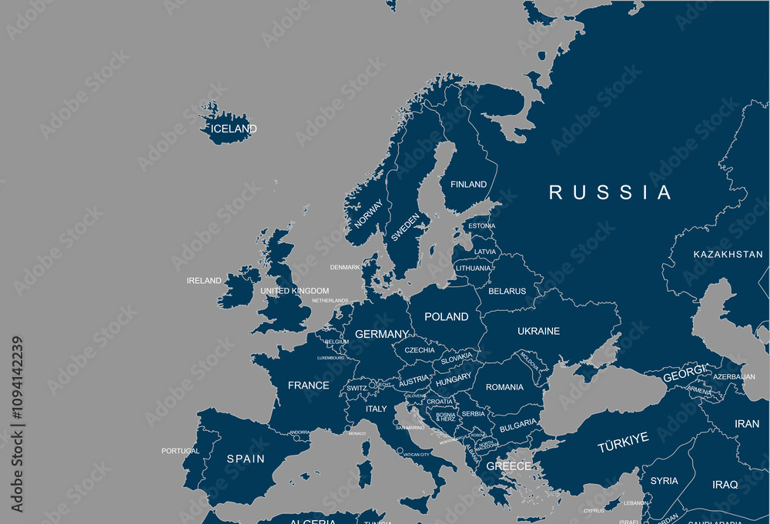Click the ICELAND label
click(x=233, y=129)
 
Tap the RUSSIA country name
click(x=611, y=192)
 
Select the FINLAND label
click(x=468, y=185)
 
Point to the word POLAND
click(x=447, y=317)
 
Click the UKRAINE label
click(x=538, y=332)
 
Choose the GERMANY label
click(x=381, y=335)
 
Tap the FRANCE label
click(x=308, y=385)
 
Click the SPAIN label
click(x=246, y=459)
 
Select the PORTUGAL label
click(x=180, y=451)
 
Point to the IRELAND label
click(x=204, y=281)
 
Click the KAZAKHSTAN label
click(x=728, y=255)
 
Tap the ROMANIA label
click(x=504, y=388)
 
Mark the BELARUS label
click(x=507, y=292)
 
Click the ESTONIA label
click(x=481, y=226)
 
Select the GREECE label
click(x=508, y=466)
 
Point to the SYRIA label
click(x=664, y=482)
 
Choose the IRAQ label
click(x=725, y=485)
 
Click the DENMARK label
click(x=344, y=268)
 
